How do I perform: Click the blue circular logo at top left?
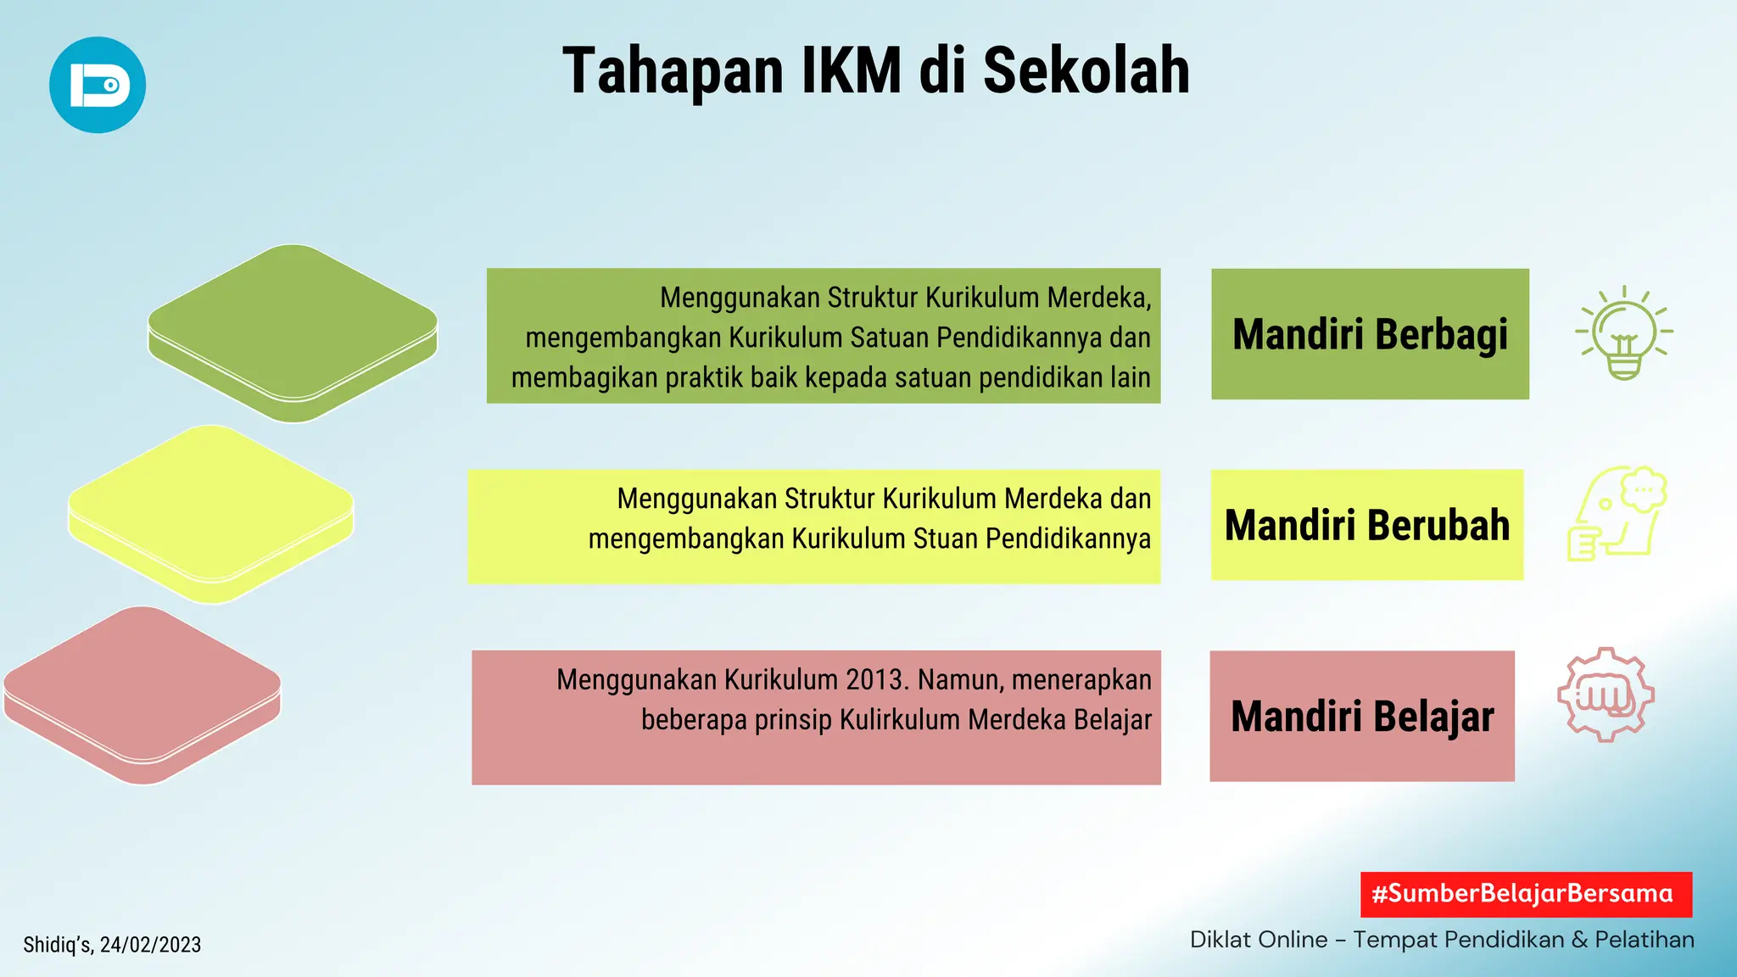[x=98, y=85]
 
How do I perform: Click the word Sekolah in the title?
[x=1086, y=71]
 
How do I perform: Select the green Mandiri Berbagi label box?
[x=1370, y=334]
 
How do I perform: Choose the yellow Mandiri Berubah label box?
[x=1367, y=525]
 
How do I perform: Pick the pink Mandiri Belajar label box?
[x=1362, y=716]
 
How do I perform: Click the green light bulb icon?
[x=1623, y=333]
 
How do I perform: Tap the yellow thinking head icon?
[x=1617, y=513]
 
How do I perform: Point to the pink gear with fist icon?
[x=1606, y=695]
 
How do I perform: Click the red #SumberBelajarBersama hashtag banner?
[x=1526, y=894]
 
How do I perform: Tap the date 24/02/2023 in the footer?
[x=150, y=945]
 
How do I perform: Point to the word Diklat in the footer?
[x=1221, y=940]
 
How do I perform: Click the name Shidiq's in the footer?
[x=58, y=945]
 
